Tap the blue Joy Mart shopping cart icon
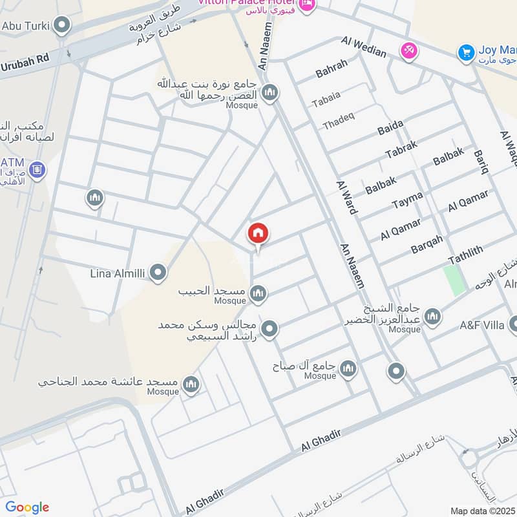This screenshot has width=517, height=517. [x=465, y=53]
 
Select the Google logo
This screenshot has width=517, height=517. [x=27, y=507]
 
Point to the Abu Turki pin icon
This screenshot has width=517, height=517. [x=62, y=26]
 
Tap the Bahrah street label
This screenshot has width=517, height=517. [x=332, y=68]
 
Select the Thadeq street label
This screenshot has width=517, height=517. [x=339, y=121]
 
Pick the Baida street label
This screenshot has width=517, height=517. [x=390, y=128]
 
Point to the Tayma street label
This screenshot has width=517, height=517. [x=407, y=200]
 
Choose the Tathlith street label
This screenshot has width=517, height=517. [x=465, y=254]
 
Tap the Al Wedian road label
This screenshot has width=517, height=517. [x=364, y=47]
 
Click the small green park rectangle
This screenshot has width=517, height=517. [x=455, y=280]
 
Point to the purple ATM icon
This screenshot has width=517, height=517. [x=37, y=170]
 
